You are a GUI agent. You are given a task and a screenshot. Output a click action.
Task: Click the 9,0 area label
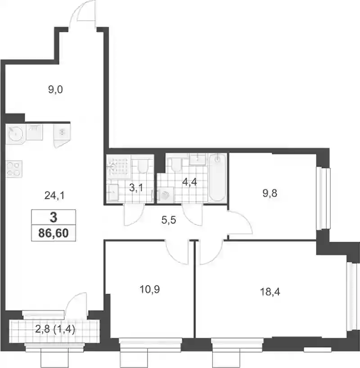(x=55, y=90)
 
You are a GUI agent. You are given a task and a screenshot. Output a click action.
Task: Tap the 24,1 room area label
(x=54, y=195)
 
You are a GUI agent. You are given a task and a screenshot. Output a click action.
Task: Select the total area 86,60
(x=54, y=233)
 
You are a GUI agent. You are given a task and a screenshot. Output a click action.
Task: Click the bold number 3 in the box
(x=54, y=218)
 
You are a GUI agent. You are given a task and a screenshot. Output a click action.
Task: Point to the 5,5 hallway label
(x=169, y=220)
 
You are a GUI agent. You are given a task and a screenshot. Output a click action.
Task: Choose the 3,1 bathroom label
(x=136, y=188)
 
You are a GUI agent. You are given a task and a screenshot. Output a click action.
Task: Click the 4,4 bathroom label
(x=189, y=182)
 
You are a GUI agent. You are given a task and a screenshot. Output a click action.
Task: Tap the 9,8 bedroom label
(x=270, y=194)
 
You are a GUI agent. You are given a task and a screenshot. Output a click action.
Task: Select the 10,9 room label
(x=150, y=289)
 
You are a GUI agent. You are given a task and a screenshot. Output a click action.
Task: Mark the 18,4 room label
(x=270, y=292)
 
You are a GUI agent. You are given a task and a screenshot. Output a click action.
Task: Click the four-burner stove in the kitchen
(x=14, y=169)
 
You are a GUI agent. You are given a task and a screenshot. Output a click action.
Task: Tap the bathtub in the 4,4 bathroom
(x=217, y=177)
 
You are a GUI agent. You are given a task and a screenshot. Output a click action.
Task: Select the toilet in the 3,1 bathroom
(x=142, y=166)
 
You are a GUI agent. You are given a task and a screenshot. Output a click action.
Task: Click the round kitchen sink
(x=15, y=134)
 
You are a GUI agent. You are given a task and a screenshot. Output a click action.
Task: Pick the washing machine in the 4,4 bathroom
(x=166, y=195)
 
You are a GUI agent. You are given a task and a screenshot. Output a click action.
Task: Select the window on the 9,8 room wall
(x=323, y=199)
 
